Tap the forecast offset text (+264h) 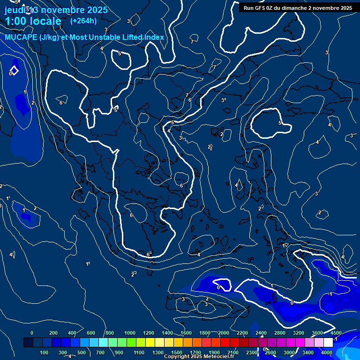tap(83, 21)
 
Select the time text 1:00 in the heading tap(16, 21)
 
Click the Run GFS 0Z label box tap(298, 8)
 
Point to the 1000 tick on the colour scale tap(130, 333)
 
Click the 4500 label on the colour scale tap(336, 333)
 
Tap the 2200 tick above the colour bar tap(242, 333)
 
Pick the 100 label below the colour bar tap(45, 352)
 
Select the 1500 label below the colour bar tap(177, 352)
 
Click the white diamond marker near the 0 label tap(15, 70)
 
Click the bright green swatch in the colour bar tap(131, 343)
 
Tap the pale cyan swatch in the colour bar tap(103, 343)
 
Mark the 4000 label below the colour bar tap(327, 352)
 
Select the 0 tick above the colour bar tap(32, 333)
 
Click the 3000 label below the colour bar tap(289, 352)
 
